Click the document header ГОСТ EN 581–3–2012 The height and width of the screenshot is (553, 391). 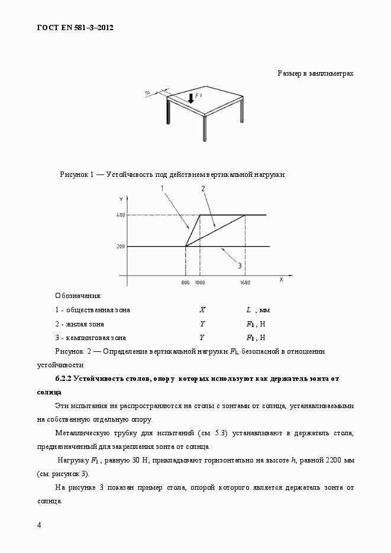click(x=75, y=27)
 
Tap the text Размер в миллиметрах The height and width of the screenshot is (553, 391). click(x=315, y=73)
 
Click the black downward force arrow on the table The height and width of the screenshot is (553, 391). click(x=190, y=98)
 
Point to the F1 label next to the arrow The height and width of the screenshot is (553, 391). click(x=199, y=95)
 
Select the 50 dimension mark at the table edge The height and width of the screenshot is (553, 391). click(x=147, y=93)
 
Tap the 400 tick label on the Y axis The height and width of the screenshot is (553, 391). click(x=120, y=215)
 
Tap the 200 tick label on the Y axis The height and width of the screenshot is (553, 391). click(x=120, y=246)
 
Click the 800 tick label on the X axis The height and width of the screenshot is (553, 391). click(x=185, y=283)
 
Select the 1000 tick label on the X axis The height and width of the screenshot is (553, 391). click(x=200, y=283)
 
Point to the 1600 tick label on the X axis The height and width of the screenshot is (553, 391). click(x=245, y=283)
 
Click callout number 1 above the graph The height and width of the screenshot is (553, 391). click(x=161, y=188)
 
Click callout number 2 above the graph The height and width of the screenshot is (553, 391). click(x=203, y=189)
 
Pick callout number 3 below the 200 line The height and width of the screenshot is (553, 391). click(x=240, y=266)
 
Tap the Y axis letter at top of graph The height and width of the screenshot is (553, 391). click(x=120, y=198)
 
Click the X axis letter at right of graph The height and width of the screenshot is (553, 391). click(x=281, y=279)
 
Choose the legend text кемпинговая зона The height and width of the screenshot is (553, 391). click(x=95, y=338)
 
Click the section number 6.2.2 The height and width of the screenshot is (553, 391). click(x=64, y=378)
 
